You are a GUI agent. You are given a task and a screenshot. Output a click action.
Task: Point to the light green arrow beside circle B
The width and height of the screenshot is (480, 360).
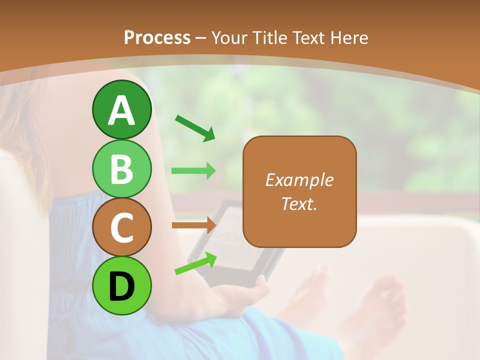coord(193,170)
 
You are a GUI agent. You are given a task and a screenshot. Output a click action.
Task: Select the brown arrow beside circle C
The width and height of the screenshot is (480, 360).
coord(193,225)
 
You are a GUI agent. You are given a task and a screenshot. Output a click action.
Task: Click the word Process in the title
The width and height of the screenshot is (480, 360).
coord(157,37)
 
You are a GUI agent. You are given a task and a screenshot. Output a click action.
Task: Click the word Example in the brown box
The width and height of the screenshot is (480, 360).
coord(299,180)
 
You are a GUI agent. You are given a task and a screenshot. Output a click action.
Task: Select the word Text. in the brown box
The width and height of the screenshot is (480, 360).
coord(299,203)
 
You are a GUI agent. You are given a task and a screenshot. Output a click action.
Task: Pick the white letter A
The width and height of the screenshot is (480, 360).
coord(122,110)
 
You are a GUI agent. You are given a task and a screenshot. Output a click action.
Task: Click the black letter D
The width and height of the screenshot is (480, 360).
coord(122,286)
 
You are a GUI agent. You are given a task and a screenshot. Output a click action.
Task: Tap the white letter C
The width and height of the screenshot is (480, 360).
coord(122,228)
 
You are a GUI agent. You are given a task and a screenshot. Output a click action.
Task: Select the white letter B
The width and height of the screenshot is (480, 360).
coord(122,169)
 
